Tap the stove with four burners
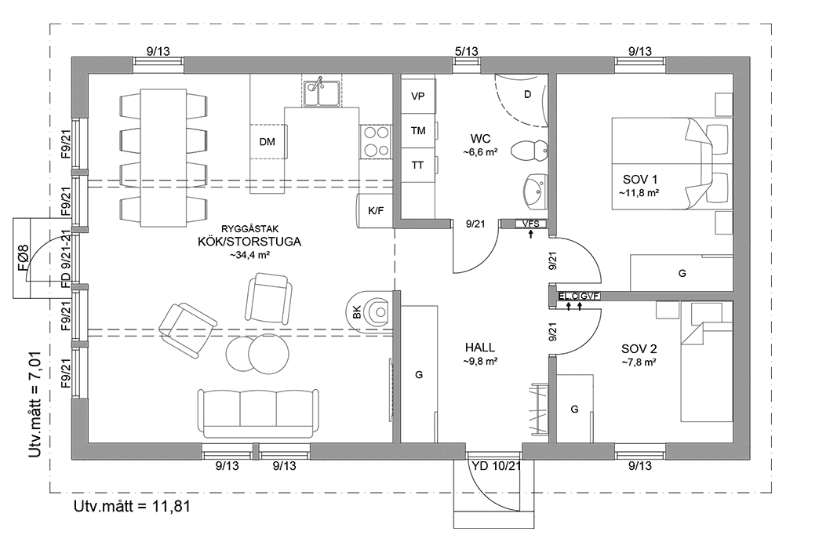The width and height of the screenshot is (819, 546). [x=376, y=143]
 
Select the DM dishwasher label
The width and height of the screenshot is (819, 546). [x=267, y=142]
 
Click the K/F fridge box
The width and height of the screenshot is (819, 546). [x=374, y=210]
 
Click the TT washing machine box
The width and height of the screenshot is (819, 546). [x=417, y=166]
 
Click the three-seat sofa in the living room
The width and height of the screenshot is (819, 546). [x=258, y=411]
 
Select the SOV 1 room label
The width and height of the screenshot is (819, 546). [x=640, y=179]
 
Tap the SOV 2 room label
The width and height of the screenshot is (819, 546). [x=639, y=348]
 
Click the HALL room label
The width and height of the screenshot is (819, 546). [x=480, y=348]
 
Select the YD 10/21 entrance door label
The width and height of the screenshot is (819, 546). [x=496, y=466]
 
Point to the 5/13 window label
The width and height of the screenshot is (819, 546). [x=466, y=52]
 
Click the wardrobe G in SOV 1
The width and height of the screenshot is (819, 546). [x=682, y=273]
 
